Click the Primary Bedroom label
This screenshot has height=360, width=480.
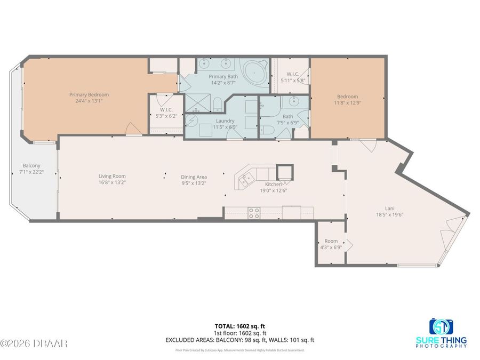click(x=89, y=95)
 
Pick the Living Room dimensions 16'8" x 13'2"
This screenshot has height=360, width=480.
click(x=112, y=182)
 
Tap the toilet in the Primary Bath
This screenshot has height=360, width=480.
click(x=218, y=104)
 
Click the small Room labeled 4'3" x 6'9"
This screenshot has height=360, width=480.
click(x=330, y=244)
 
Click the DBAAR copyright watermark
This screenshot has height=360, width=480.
click(x=34, y=343)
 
